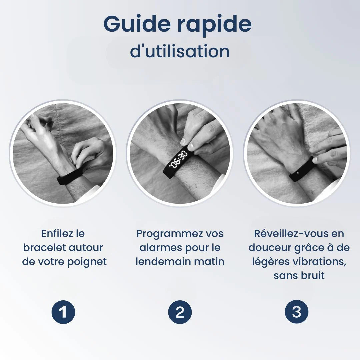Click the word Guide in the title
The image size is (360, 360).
click(x=137, y=24)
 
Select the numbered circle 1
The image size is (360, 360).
click(x=63, y=312)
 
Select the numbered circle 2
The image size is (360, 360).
click(x=180, y=312)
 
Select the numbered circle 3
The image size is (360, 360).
click(x=297, y=312)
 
